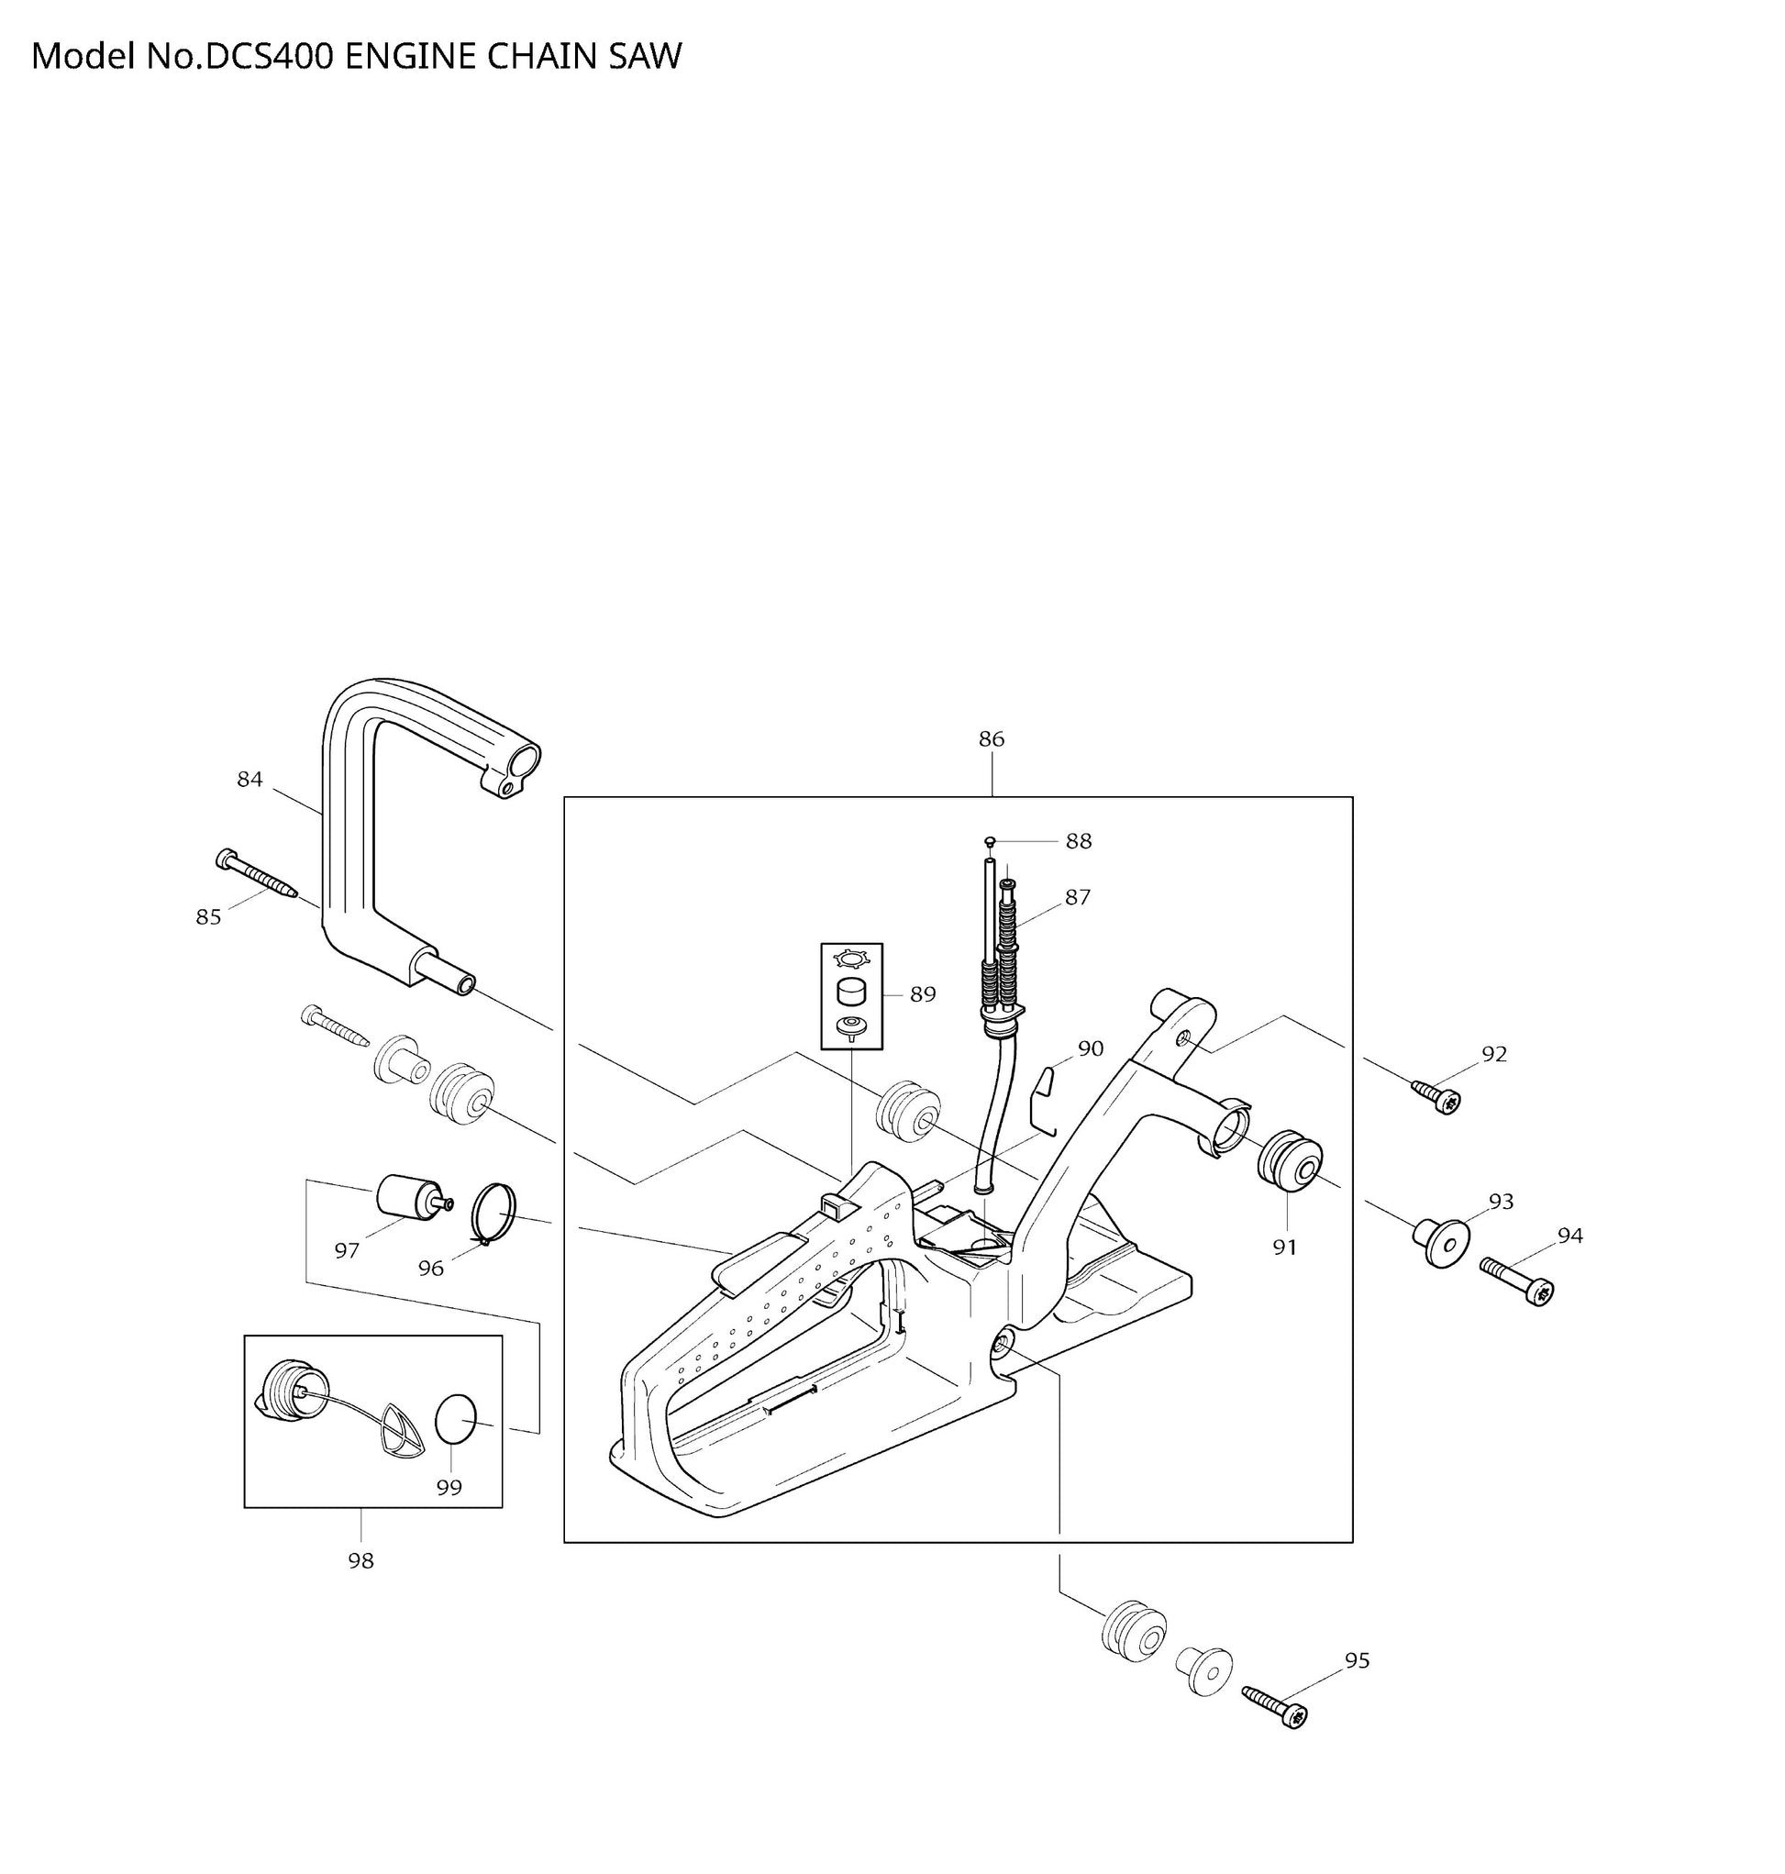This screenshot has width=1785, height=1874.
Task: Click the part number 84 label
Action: coord(249,779)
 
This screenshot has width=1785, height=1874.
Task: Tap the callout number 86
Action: coord(992,739)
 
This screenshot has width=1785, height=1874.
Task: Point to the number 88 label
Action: coord(1078,841)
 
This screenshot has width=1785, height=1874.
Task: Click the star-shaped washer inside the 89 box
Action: coord(850,959)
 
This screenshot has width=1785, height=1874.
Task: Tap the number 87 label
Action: coord(1077,897)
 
